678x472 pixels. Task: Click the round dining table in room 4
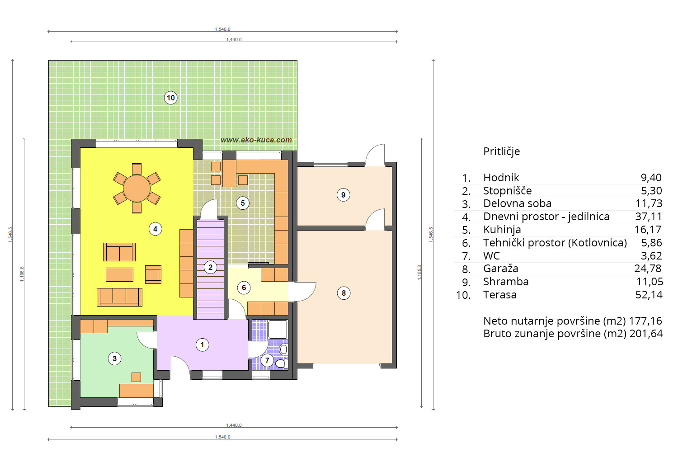point(137,189)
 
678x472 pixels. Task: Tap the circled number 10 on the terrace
point(171,98)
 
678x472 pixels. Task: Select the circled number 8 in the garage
point(344,293)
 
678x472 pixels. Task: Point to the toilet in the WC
point(282,363)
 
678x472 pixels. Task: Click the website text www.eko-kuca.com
point(256,140)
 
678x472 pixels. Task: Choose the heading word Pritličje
point(502,151)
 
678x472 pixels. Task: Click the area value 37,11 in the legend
point(648,217)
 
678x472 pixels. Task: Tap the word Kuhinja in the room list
point(502,230)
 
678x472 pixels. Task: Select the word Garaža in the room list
point(501,269)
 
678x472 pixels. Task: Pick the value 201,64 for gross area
point(646,334)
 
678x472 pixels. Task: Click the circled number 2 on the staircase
point(210,267)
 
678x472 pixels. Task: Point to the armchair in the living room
point(153,274)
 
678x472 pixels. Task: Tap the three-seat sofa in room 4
point(120,297)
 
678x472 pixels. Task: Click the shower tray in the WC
point(278,330)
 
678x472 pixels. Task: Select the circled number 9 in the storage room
point(343,195)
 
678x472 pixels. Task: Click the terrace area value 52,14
point(649,295)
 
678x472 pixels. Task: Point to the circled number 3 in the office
point(114,359)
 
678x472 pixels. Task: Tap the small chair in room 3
point(136,377)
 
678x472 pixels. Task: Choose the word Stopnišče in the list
point(507,191)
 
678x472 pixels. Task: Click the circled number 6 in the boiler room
point(244,288)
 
